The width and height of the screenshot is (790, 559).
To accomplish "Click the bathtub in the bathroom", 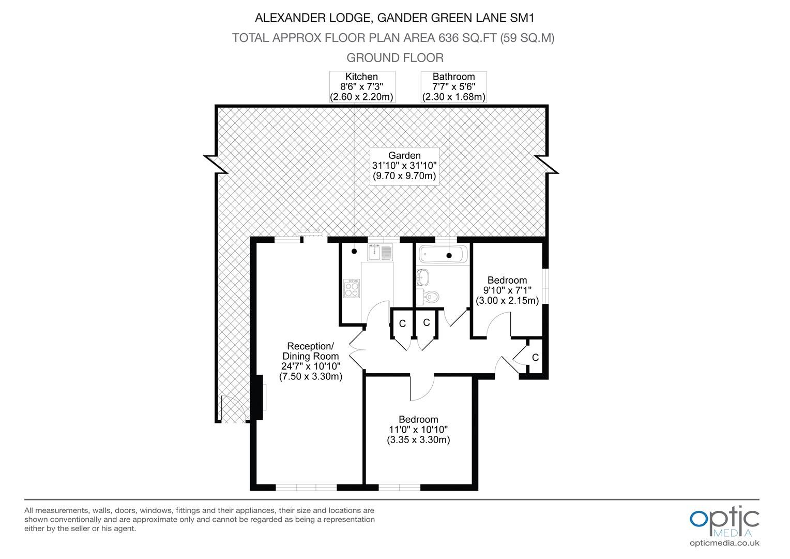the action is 443,255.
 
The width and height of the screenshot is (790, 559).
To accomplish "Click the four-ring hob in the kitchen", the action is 352,288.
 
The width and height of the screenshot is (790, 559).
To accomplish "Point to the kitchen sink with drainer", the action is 380,252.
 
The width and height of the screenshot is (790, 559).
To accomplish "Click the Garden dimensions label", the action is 404,166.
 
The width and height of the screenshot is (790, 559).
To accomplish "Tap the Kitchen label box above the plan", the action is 362,87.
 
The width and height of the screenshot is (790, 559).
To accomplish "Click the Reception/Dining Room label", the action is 311,361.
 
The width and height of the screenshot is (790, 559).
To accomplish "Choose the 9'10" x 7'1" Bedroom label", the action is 507,290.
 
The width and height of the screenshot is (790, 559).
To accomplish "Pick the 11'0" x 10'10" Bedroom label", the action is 418,430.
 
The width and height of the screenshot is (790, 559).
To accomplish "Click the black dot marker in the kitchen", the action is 354,252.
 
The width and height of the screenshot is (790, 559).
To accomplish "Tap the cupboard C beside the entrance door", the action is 535,357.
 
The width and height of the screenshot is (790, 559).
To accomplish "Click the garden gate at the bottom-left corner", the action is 233,408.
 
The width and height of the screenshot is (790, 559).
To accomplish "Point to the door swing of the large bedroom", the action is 422,388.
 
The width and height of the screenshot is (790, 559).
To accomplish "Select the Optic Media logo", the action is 724,522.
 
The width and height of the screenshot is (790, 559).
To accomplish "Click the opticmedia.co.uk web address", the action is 724,543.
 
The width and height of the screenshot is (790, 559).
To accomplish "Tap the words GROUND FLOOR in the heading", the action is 395,57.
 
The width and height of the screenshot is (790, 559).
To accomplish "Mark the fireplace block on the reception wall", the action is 259,397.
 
